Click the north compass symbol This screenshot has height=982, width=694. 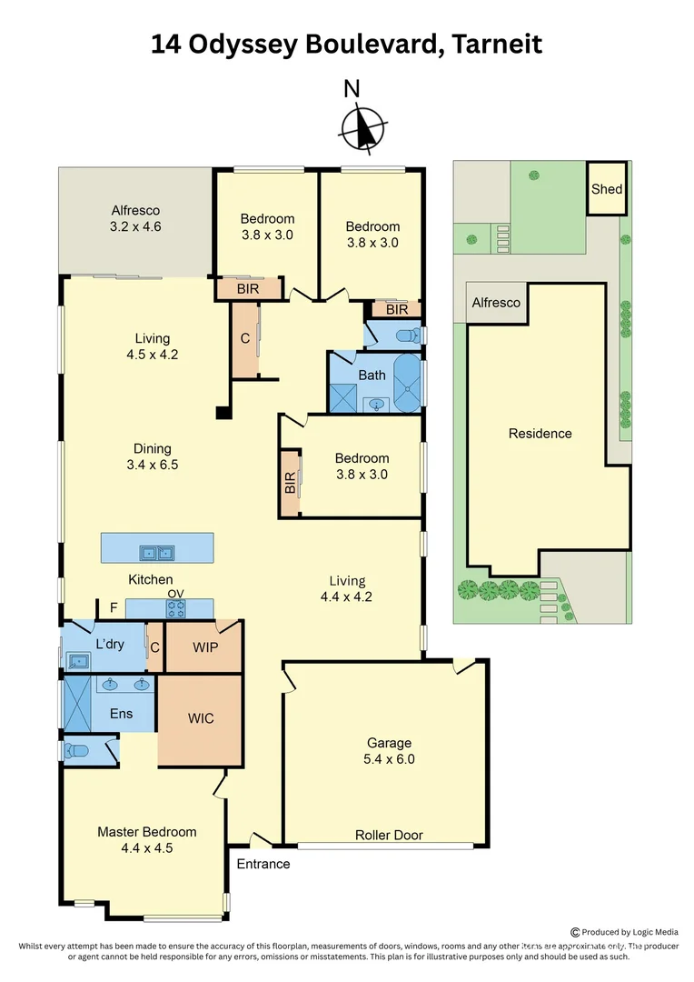363,128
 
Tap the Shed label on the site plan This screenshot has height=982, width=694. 607,189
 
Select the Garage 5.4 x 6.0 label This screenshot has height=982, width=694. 390,751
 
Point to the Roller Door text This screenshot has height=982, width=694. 389,835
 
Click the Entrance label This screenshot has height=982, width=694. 263,864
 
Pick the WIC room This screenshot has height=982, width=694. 201,718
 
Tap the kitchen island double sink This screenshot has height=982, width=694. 156,552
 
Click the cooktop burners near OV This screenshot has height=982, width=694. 175,608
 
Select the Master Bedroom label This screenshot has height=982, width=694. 146,839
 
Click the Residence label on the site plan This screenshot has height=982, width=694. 540,434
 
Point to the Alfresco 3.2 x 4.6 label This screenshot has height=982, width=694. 135,218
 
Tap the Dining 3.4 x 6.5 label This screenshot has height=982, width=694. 152,456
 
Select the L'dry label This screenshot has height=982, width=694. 109,646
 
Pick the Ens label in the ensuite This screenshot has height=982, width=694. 121,714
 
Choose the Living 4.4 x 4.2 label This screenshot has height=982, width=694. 347,589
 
